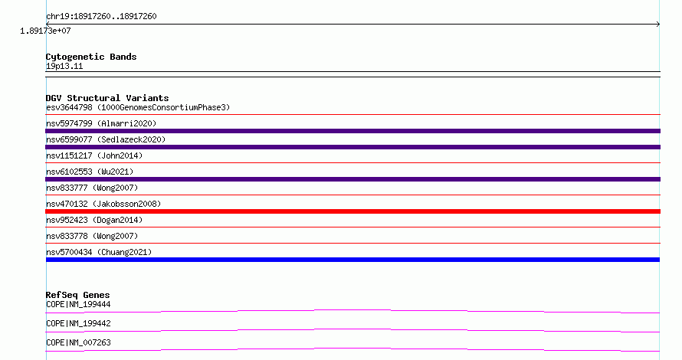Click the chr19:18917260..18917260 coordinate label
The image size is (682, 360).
101,17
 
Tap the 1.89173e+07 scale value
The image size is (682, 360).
45,31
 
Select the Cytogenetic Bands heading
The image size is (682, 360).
91,57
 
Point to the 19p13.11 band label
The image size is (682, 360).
64,66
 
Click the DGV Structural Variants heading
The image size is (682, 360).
107,98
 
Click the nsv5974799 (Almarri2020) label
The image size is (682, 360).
101,123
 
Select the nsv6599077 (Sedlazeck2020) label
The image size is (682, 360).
106,139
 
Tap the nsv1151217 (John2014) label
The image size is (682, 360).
94,155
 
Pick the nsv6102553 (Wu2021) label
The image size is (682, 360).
90,172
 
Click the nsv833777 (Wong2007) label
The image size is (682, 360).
92,188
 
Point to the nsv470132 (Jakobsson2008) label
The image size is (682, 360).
103,204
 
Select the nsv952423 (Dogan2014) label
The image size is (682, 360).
94,220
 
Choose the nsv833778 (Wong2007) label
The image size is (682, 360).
92,236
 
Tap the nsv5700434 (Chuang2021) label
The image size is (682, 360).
99,252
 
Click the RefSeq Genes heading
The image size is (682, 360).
77,295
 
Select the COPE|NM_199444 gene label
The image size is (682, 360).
78,304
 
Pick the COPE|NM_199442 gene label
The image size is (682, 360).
78,323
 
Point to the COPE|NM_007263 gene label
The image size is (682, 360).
78,342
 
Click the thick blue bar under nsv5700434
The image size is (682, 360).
352,260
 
